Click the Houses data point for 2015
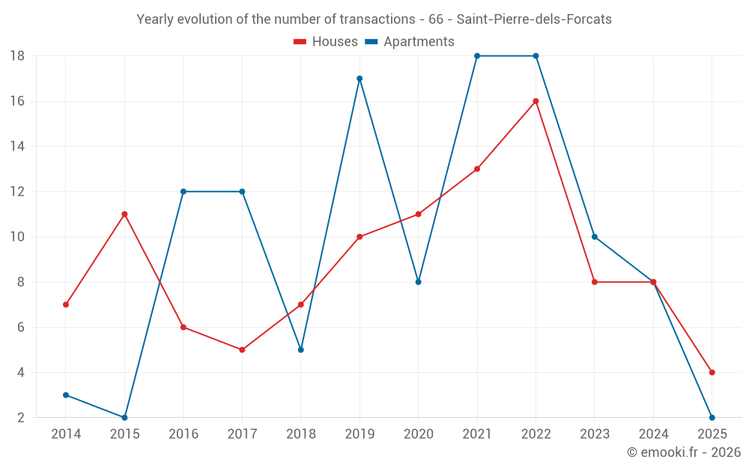(x=124, y=214)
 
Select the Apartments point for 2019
(x=360, y=79)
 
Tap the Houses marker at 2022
(x=536, y=101)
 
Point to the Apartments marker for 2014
(x=66, y=395)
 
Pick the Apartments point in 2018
(x=301, y=350)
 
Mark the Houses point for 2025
(x=712, y=372)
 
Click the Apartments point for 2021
(x=477, y=56)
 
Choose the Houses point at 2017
(x=242, y=350)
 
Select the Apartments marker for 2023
(x=595, y=237)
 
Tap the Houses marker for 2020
(x=418, y=214)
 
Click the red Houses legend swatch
(x=300, y=42)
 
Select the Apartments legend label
(x=419, y=42)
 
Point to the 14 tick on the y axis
(x=17, y=147)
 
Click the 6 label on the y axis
(x=20, y=327)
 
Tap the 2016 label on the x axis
(x=184, y=434)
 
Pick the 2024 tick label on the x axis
(x=653, y=434)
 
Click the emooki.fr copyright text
(x=684, y=452)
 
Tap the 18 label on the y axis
(x=17, y=56)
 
